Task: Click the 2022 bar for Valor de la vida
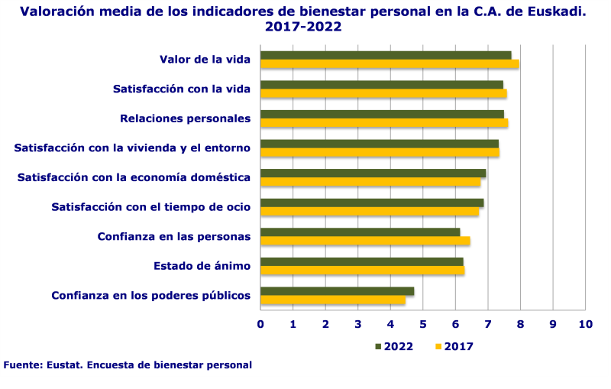click(x=386, y=55)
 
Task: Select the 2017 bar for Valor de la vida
click(x=390, y=64)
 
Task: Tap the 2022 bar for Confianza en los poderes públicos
click(x=337, y=291)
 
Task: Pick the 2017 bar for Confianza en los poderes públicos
click(x=333, y=300)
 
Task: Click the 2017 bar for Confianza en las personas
click(x=365, y=241)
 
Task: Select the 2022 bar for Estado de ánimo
click(x=361, y=261)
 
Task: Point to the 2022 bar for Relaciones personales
click(x=382, y=114)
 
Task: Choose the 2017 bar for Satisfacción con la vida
click(x=383, y=93)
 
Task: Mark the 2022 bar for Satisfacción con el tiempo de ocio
click(x=372, y=203)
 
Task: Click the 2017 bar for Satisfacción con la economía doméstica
click(x=370, y=182)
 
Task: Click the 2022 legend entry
click(x=394, y=346)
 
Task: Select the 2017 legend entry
click(x=454, y=346)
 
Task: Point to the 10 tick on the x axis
click(x=585, y=324)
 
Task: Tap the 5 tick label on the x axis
click(x=423, y=324)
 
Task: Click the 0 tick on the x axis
click(x=260, y=324)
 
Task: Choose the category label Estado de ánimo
click(x=202, y=266)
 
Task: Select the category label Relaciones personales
click(x=186, y=118)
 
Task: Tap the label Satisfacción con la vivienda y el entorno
click(x=132, y=148)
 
